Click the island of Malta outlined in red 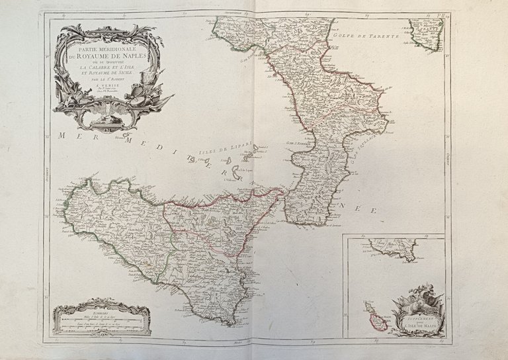(375, 320)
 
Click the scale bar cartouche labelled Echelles (103, 319)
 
